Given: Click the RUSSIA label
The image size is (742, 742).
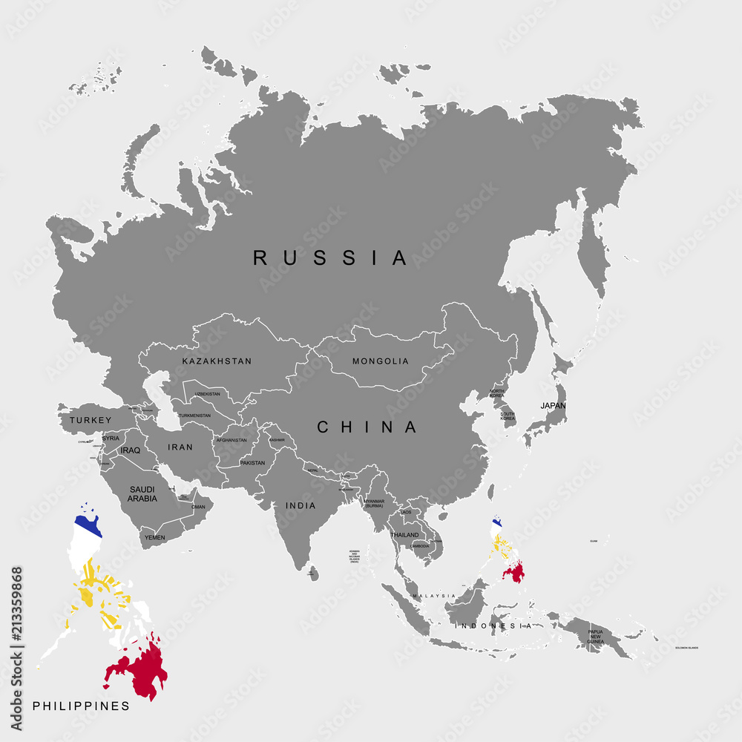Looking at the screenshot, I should point(330,257).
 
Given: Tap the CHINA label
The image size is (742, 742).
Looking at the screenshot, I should point(367,427).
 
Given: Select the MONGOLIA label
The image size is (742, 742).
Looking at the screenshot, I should point(381,361).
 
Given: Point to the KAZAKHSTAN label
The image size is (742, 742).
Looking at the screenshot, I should point(217,361).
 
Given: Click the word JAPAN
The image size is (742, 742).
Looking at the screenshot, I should point(553,406).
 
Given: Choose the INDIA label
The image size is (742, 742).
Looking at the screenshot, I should point(301,505).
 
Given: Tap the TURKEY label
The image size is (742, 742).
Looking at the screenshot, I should point(91,420).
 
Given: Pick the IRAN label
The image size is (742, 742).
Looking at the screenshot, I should point(180,447).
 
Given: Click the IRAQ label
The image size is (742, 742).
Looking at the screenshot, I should point(130,450).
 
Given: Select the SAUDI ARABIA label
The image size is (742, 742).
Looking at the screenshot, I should point(142,493).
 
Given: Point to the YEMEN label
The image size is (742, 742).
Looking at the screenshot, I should point(154,536).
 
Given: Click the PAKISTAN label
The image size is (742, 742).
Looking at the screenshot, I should point(252,463).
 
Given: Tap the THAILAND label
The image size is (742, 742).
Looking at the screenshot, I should point(404,535).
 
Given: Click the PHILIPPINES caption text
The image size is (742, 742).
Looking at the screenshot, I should point(81,706).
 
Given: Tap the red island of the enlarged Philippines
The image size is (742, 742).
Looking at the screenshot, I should point(141,668).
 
